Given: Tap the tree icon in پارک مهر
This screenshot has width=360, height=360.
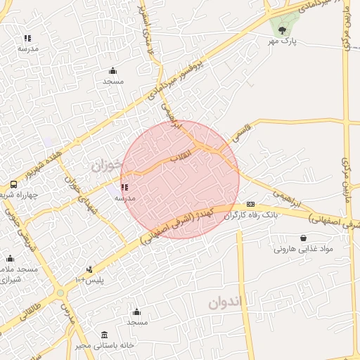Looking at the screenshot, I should pos(282,30).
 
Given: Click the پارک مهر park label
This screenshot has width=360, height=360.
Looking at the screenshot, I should pos(282,43).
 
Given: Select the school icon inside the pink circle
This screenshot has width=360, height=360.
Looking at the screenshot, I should pos(125,188).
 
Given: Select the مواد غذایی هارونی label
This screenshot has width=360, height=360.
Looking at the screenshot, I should pos(302,250).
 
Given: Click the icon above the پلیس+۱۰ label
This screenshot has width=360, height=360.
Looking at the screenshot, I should pos(89,269).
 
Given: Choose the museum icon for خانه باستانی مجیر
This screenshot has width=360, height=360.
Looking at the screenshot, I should pos(105,334).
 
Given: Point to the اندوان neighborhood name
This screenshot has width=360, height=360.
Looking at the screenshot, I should pos(224,304).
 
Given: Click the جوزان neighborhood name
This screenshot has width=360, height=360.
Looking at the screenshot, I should pos(106,166).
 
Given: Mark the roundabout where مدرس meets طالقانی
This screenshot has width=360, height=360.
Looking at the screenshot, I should pos(61,292).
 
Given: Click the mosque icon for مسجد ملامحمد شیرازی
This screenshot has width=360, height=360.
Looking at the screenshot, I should pos(10,258).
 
